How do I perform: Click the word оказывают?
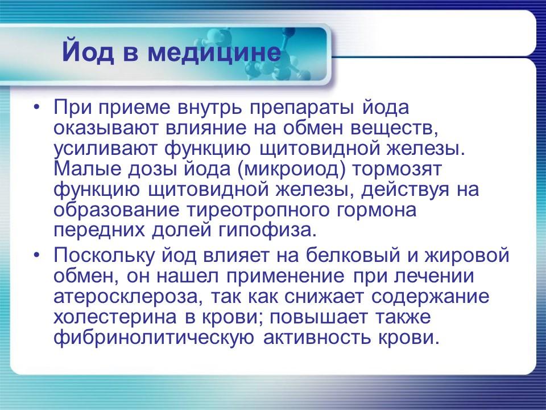tap(101, 128)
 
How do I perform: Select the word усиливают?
tap(106, 149)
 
